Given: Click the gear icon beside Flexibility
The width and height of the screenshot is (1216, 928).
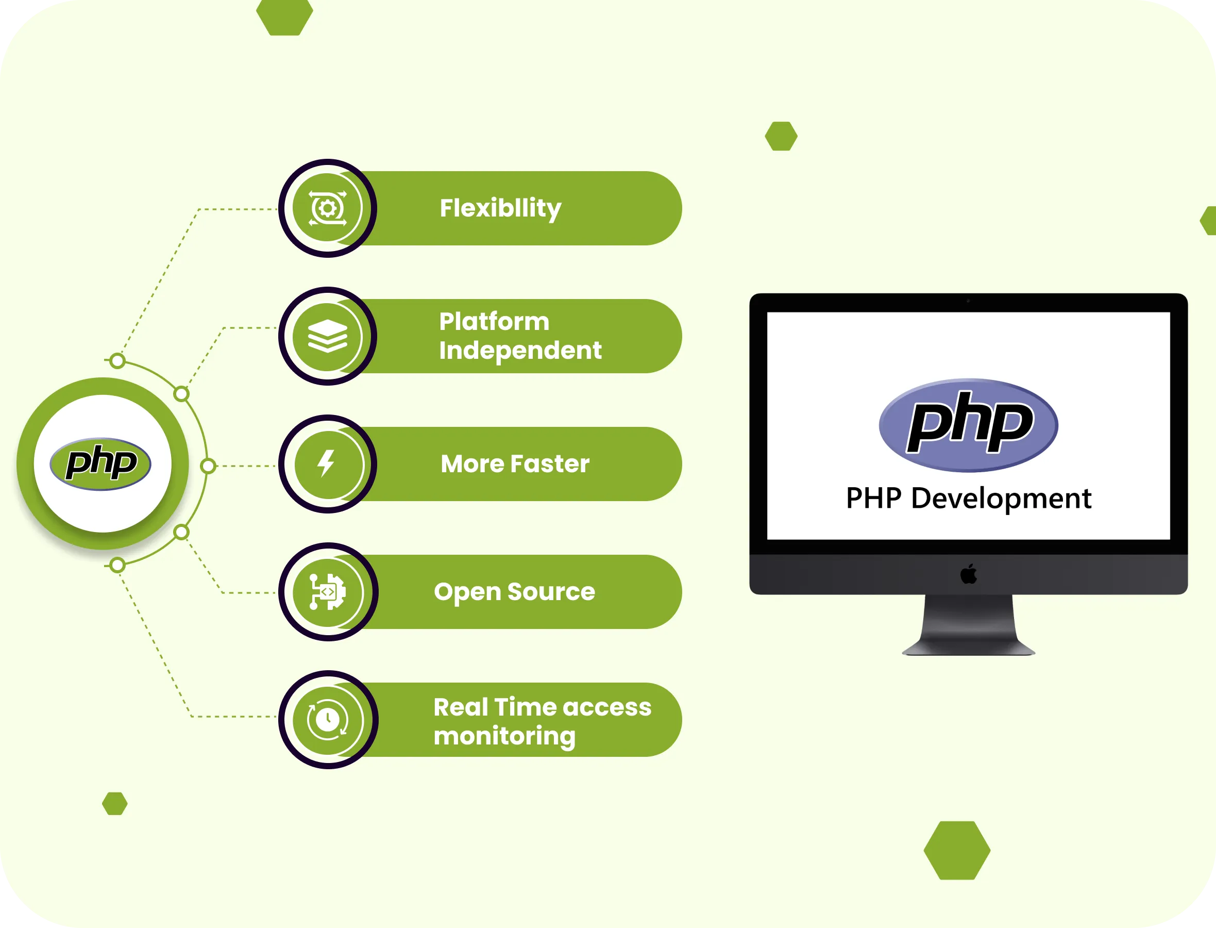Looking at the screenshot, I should pyautogui.click(x=327, y=208).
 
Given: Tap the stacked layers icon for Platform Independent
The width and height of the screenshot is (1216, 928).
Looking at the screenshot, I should pyautogui.click(x=327, y=336).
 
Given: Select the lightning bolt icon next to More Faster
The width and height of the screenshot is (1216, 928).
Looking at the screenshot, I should pyautogui.click(x=327, y=463).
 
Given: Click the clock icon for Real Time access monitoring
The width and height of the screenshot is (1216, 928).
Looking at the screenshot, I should pyautogui.click(x=327, y=719).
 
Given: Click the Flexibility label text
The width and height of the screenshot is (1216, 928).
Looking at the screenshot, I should pyautogui.click(x=500, y=208).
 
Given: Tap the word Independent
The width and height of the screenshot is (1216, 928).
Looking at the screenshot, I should pyautogui.click(x=520, y=350).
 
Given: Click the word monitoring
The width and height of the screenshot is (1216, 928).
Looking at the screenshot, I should pyautogui.click(x=504, y=736).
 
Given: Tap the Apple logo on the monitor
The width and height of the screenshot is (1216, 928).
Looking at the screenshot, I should pyautogui.click(x=968, y=574).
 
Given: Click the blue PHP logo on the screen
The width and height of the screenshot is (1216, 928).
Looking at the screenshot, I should pyautogui.click(x=968, y=425).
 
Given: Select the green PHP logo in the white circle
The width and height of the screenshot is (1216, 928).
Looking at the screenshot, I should pyautogui.click(x=100, y=463).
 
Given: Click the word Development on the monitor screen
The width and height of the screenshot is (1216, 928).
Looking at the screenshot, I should pyautogui.click(x=1001, y=498).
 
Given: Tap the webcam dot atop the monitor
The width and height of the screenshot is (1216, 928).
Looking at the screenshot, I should pyautogui.click(x=968, y=301).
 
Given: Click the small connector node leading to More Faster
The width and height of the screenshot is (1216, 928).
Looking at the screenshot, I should pyautogui.click(x=208, y=466).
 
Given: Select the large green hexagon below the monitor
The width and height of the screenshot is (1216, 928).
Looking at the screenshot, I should pyautogui.click(x=957, y=850).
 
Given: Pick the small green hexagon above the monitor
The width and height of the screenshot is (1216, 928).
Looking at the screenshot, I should pyautogui.click(x=781, y=136).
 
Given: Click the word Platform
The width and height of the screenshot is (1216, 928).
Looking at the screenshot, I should pyautogui.click(x=494, y=322).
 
